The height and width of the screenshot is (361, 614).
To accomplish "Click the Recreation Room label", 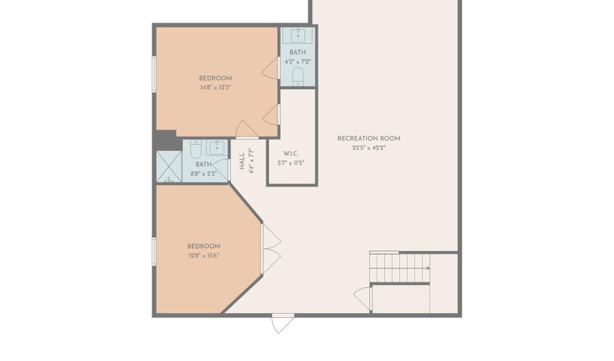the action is tap(369, 139).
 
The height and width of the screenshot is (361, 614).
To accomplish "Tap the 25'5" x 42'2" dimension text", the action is tap(369, 148).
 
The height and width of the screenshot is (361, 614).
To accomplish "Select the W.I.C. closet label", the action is tap(291, 154).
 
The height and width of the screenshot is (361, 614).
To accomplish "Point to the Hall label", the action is tap(242, 161).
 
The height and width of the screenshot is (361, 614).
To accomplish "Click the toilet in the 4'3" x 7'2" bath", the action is tap(298, 76).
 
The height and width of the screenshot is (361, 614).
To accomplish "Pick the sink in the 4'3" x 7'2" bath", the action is tap(298, 35).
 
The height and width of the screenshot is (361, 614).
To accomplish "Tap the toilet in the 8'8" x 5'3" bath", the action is tap(195, 148).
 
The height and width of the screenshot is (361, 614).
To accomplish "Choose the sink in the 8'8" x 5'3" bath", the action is tap(217, 148).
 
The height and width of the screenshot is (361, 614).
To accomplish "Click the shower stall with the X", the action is tap(169, 167).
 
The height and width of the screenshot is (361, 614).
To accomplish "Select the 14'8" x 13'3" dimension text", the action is tap(216, 88).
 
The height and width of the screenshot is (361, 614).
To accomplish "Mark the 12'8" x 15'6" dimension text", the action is tap(203, 256).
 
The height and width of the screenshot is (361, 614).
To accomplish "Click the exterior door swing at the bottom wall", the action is tap(282, 323).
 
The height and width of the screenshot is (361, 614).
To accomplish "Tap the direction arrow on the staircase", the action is tap(428, 268).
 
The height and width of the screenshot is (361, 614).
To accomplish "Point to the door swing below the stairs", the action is tap(363, 300).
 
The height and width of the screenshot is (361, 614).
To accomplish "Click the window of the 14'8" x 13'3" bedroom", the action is tap(154, 74).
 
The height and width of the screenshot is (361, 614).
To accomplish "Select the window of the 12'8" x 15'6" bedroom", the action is tap(154, 251).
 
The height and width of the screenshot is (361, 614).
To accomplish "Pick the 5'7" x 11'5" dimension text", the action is tap(291, 163).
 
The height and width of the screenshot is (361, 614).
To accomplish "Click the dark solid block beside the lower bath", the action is tap(167, 140).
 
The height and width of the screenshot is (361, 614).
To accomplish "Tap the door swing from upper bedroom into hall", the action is tap(246, 130).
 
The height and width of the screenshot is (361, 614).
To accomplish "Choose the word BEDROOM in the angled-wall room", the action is tap(203, 246).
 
